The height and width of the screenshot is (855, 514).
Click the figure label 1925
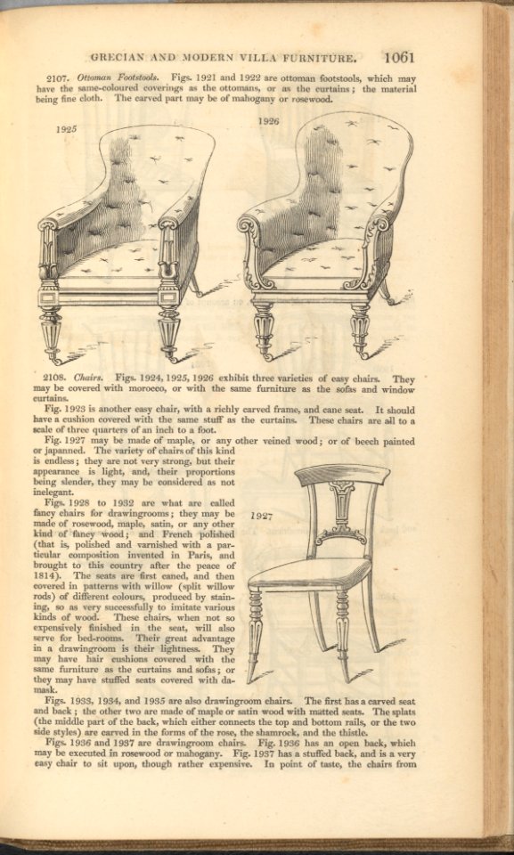tap(65, 129)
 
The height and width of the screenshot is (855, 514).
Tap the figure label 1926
tap(268, 119)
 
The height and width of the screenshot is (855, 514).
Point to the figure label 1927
tap(261, 516)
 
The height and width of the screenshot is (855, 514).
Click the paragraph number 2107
tap(58, 78)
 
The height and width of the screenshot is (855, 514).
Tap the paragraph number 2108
tap(57, 379)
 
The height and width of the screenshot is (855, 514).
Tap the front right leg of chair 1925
tap(168, 330)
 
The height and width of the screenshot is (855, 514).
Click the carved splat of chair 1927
tap(341, 512)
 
